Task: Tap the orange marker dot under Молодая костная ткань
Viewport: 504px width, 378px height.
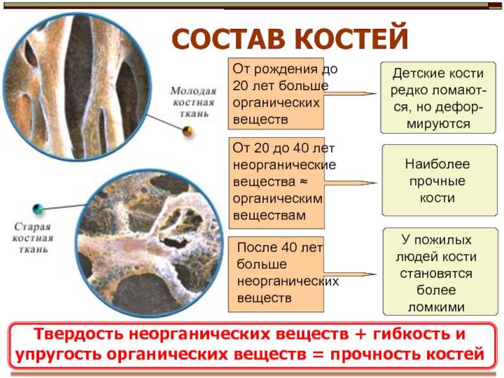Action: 187,131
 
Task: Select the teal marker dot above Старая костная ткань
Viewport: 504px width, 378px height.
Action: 38,209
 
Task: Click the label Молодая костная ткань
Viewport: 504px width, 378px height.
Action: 193,102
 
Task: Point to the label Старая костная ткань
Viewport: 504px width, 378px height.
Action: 33,238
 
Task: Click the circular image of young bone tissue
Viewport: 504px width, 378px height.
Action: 77,87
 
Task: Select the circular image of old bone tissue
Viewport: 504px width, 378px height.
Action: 149,244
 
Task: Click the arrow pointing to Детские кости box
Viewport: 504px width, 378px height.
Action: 350,94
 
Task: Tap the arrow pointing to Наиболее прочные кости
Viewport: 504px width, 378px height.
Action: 350,183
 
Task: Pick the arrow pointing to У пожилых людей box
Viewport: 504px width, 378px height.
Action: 350,275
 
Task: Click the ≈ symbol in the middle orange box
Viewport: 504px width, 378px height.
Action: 304,181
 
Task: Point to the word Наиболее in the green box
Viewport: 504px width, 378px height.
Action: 437,164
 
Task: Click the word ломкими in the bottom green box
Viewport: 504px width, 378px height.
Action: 436,307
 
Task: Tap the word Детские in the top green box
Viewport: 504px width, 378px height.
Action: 415,74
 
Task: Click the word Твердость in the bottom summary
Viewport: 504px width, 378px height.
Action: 78,335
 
